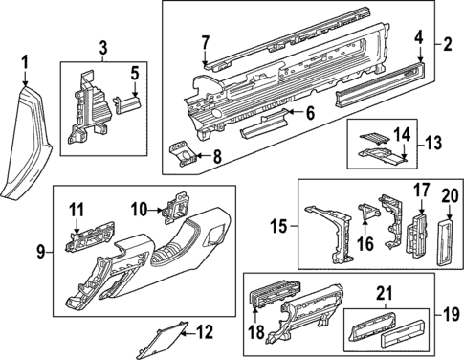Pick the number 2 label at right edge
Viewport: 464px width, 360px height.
pyautogui.click(x=447, y=45)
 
